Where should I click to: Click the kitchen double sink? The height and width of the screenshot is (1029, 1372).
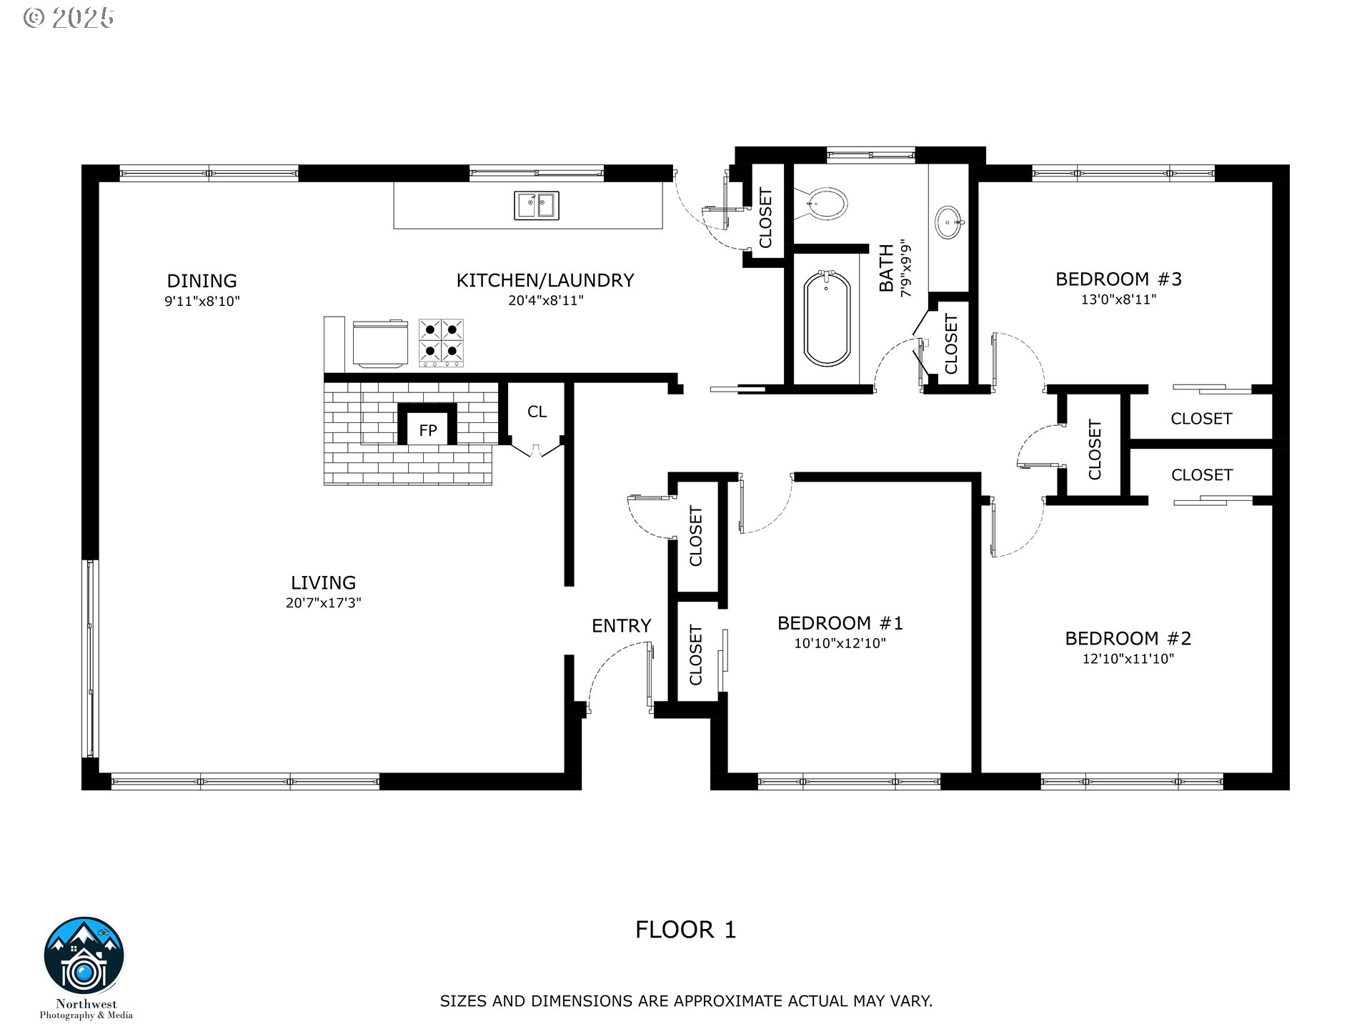click(537, 206)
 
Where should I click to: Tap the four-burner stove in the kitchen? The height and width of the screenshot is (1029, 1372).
click(441, 343)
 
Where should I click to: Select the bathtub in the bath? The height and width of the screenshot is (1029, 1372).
click(827, 318)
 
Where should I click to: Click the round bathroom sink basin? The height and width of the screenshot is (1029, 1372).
click(950, 222)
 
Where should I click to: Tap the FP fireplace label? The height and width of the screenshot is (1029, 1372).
click(427, 430)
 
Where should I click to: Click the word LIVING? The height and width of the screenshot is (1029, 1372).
click(323, 583)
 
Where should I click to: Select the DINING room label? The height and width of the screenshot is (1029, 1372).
click(202, 281)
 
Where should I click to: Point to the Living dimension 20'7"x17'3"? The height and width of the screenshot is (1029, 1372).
click(323, 603)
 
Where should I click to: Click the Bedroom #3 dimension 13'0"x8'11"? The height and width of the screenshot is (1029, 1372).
click(1118, 299)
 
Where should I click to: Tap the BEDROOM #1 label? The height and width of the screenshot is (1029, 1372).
click(840, 623)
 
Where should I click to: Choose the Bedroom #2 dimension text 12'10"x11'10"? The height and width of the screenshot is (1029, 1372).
click(1128, 659)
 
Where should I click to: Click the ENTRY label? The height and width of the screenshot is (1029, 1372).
click(621, 626)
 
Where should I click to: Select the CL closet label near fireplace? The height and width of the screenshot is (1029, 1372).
click(537, 412)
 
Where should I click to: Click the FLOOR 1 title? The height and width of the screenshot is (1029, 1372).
click(685, 930)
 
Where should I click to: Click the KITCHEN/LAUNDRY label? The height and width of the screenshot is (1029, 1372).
click(545, 281)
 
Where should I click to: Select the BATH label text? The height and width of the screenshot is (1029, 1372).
click(886, 269)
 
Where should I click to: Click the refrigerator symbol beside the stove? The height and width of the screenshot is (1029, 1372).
click(381, 344)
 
